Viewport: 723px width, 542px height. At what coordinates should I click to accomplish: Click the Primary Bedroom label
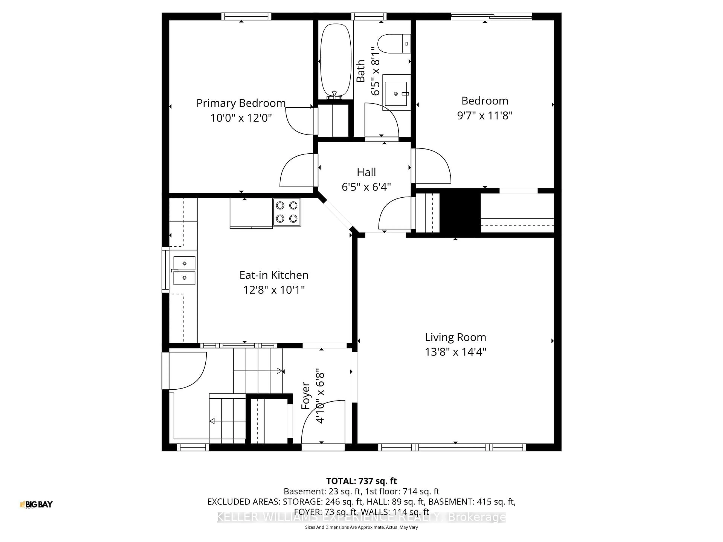coord(241,103)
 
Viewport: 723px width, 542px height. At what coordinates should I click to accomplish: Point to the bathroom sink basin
coord(396,94)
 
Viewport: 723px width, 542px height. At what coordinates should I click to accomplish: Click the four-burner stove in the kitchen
coord(287,212)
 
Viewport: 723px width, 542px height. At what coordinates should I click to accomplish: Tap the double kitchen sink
coord(184,270)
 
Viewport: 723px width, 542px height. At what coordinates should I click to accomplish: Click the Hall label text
coord(366,172)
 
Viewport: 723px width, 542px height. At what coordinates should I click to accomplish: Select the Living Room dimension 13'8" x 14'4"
coord(455,352)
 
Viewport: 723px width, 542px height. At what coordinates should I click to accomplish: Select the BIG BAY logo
coord(36,504)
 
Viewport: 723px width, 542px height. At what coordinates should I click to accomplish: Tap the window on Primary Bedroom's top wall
coord(246,16)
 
